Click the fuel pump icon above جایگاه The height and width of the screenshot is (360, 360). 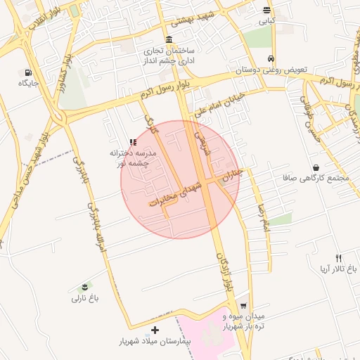(28, 72)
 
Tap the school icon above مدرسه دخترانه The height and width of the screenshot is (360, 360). (133, 142)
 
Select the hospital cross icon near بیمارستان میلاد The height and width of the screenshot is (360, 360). (155, 330)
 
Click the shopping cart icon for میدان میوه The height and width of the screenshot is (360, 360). (243, 307)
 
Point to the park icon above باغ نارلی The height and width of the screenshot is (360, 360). (85, 286)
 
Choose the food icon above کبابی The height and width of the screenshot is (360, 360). (266, 10)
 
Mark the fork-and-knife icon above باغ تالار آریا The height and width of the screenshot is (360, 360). (338, 258)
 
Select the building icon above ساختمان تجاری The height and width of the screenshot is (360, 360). (168, 39)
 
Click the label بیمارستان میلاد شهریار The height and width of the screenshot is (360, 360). (155, 342)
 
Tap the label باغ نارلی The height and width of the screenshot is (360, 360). (85, 298)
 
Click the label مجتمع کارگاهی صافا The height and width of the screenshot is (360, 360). (323, 179)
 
